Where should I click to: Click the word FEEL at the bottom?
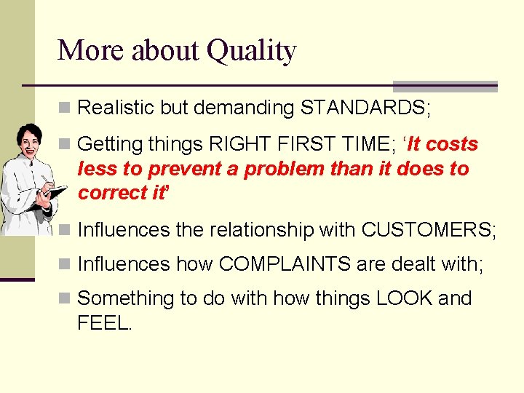pyautogui.click(x=104, y=323)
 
